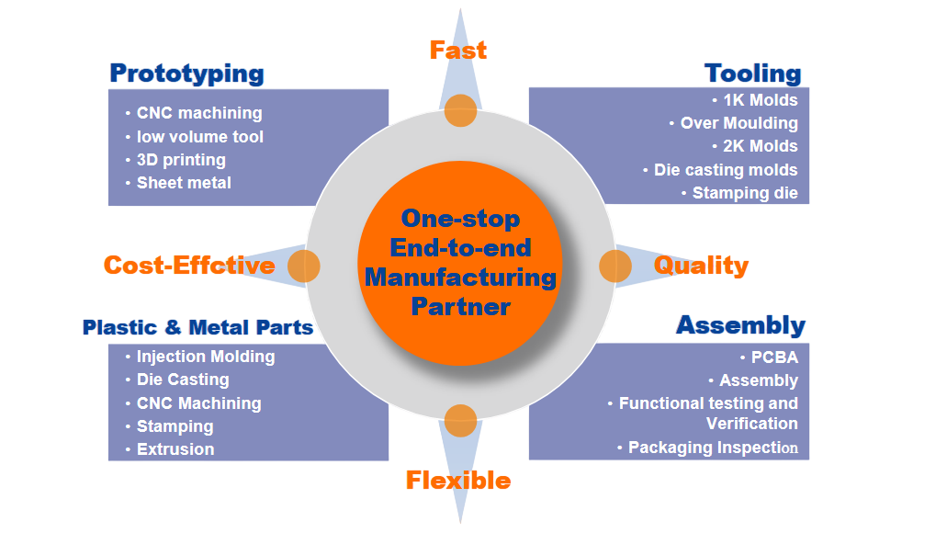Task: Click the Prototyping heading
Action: pyautogui.click(x=186, y=74)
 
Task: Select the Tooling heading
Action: pyautogui.click(x=752, y=74)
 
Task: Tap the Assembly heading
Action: pyautogui.click(x=740, y=325)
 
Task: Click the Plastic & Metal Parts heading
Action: pyautogui.click(x=197, y=327)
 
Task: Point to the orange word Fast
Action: pyautogui.click(x=457, y=50)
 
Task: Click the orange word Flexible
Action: pyautogui.click(x=457, y=480)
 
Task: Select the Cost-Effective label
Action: pyautogui.click(x=188, y=266)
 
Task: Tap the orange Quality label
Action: pyautogui.click(x=701, y=266)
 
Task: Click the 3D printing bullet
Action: pyautogui.click(x=181, y=160)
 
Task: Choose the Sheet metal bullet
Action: pyautogui.click(x=184, y=183)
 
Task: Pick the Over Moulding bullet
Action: pyautogui.click(x=738, y=123)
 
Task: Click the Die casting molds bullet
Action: pyautogui.click(x=726, y=170)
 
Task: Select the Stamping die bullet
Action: pyautogui.click(x=745, y=193)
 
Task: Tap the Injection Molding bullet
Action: pyautogui.click(x=205, y=357)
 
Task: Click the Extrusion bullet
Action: pyautogui.click(x=175, y=449)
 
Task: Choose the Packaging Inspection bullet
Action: pyautogui.click(x=713, y=448)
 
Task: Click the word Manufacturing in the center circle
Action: pyautogui.click(x=459, y=277)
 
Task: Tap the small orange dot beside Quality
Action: pyautogui.click(x=614, y=266)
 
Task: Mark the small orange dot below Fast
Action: pyautogui.click(x=460, y=110)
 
